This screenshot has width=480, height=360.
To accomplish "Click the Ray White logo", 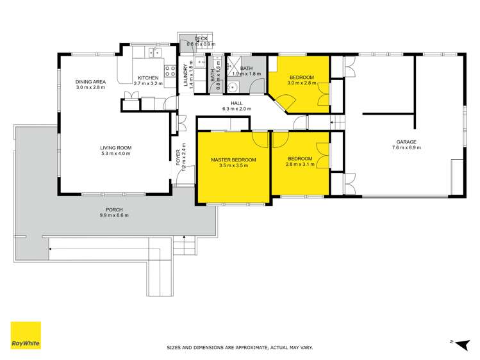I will (x=26, y=335).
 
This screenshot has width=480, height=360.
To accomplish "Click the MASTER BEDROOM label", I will (x=234, y=159).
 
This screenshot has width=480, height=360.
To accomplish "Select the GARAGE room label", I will (x=406, y=142).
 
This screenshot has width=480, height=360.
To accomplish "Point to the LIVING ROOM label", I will (x=115, y=147).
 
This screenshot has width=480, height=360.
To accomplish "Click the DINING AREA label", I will (x=90, y=81).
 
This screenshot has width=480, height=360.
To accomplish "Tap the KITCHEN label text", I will (x=148, y=78).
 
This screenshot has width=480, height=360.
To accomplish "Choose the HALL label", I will (x=236, y=103).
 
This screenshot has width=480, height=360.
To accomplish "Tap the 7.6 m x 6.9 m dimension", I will (x=406, y=147).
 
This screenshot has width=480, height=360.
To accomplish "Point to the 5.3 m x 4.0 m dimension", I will (x=115, y=153).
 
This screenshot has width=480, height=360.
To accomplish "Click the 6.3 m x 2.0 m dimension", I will (x=236, y=109).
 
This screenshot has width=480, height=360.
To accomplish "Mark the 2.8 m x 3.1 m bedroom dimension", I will (x=299, y=165).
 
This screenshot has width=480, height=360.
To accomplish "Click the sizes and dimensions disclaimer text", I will (x=240, y=347).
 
